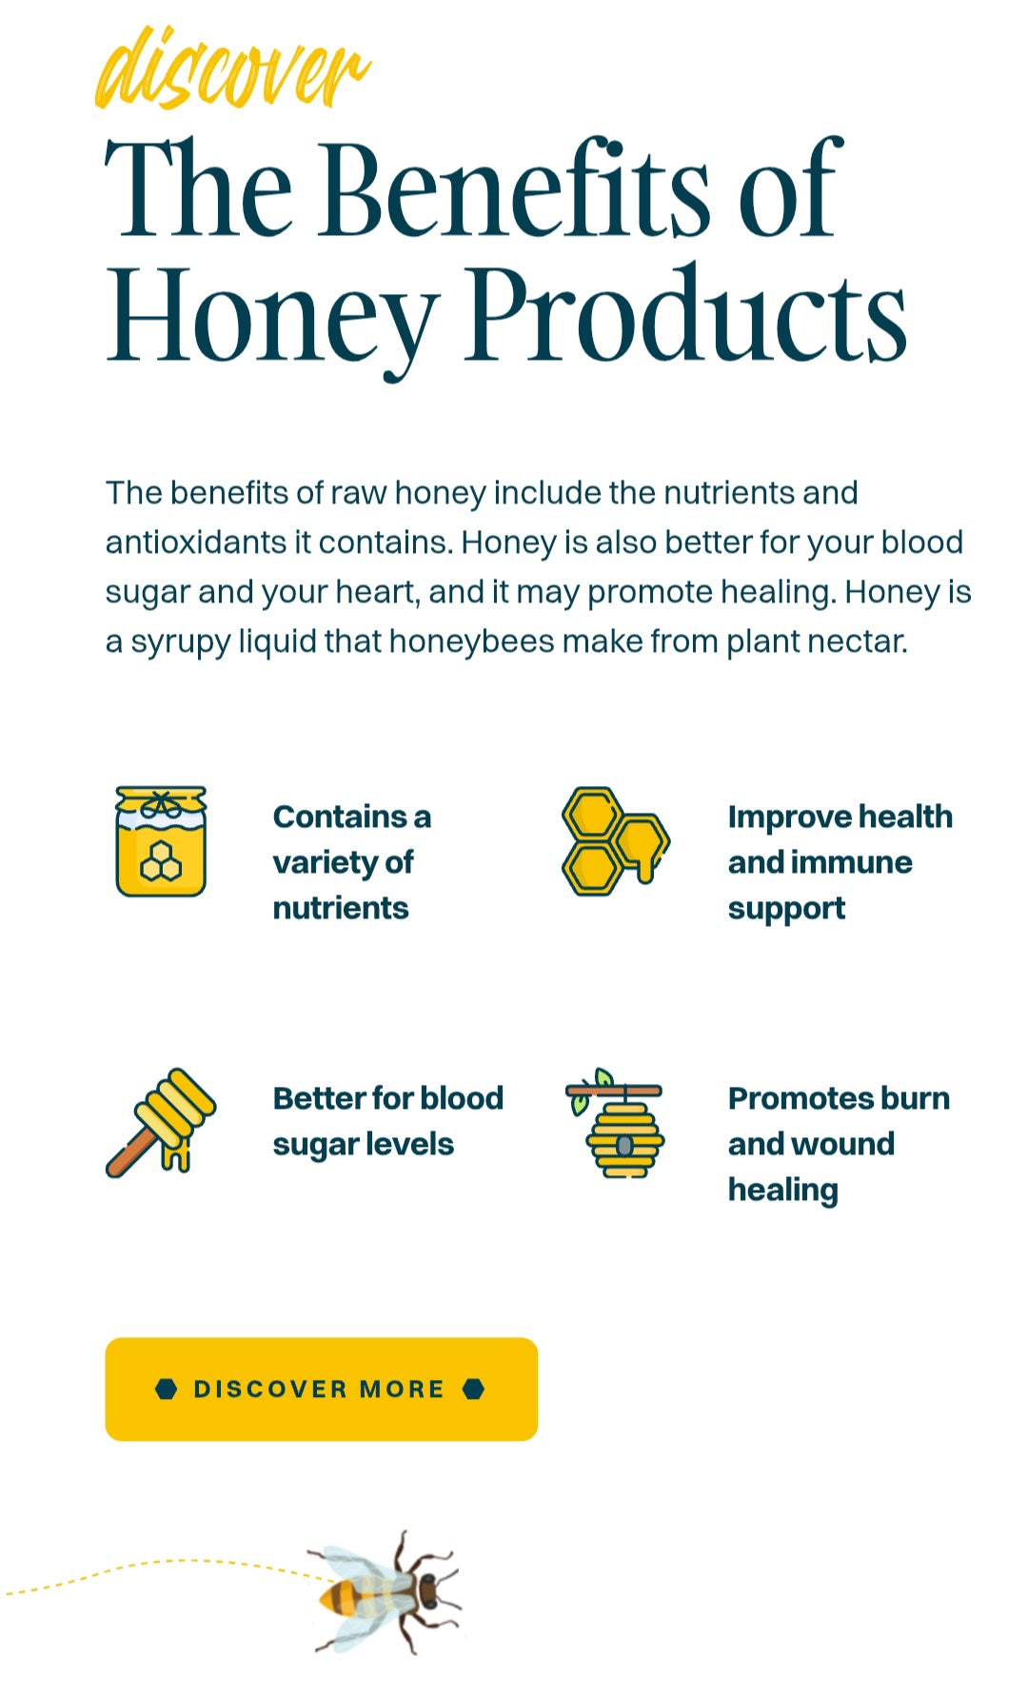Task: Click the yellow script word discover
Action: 232,69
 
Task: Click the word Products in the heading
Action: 685,314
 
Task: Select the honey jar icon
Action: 161,840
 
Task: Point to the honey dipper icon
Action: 161,1122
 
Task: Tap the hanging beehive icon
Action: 615,1122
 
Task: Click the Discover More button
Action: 321,1389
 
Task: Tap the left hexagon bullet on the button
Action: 167,1389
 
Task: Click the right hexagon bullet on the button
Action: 473,1389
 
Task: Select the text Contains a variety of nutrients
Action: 352,862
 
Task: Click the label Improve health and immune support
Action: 840,862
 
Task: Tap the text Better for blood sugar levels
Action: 387,1121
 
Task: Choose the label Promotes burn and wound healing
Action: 839,1144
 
